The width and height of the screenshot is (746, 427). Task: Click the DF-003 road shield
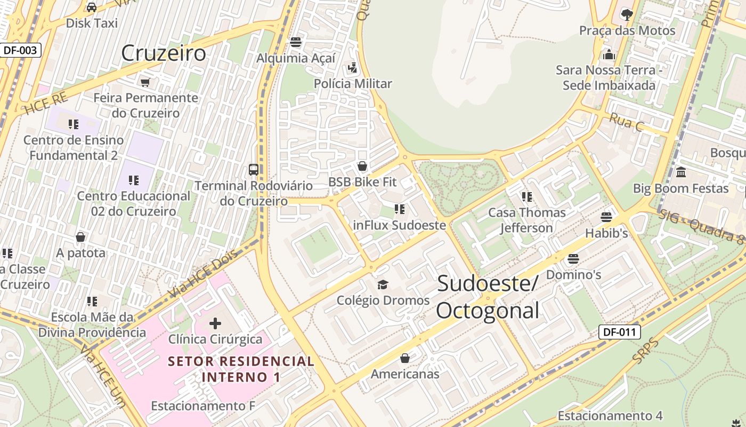20,50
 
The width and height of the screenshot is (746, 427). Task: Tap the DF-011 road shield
619,332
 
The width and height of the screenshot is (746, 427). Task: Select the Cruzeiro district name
163,53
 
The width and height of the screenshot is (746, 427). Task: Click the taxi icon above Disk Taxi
92,7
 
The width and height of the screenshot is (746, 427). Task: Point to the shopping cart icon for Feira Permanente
145,82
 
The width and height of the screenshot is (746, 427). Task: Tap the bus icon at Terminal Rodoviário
254,170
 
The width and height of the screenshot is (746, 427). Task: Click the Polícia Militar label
353,84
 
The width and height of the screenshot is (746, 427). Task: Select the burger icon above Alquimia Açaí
296,42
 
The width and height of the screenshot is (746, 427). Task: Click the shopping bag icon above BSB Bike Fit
362,166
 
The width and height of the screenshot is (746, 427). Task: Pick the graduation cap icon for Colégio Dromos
383,284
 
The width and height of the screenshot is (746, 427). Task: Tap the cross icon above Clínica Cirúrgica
215,323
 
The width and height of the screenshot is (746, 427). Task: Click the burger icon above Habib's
606,217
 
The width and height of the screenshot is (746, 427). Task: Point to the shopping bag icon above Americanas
405,358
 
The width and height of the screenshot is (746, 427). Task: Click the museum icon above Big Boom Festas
681,172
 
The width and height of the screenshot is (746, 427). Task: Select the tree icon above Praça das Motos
627,14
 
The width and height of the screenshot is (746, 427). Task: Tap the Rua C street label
626,122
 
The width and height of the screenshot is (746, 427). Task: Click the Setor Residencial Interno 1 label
241,369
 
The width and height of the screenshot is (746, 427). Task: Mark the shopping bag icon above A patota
80,236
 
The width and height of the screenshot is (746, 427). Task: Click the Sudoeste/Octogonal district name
488,297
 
